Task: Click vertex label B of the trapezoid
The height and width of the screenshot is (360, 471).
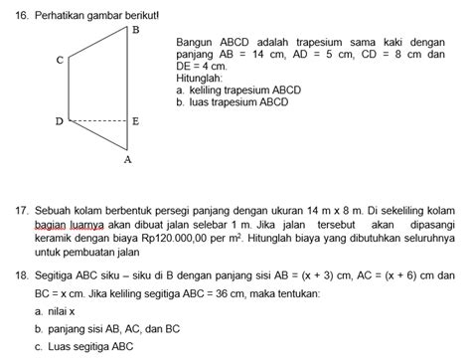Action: click(x=136, y=31)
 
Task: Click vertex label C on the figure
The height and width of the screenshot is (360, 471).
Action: click(x=60, y=62)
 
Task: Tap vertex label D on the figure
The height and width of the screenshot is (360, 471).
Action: click(x=60, y=120)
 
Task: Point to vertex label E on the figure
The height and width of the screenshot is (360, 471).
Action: click(x=135, y=120)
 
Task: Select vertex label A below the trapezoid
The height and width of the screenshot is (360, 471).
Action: click(x=127, y=158)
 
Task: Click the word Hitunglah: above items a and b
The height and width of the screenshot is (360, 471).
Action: click(x=198, y=77)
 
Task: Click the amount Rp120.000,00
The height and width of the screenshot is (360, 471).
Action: click(x=185, y=240)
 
